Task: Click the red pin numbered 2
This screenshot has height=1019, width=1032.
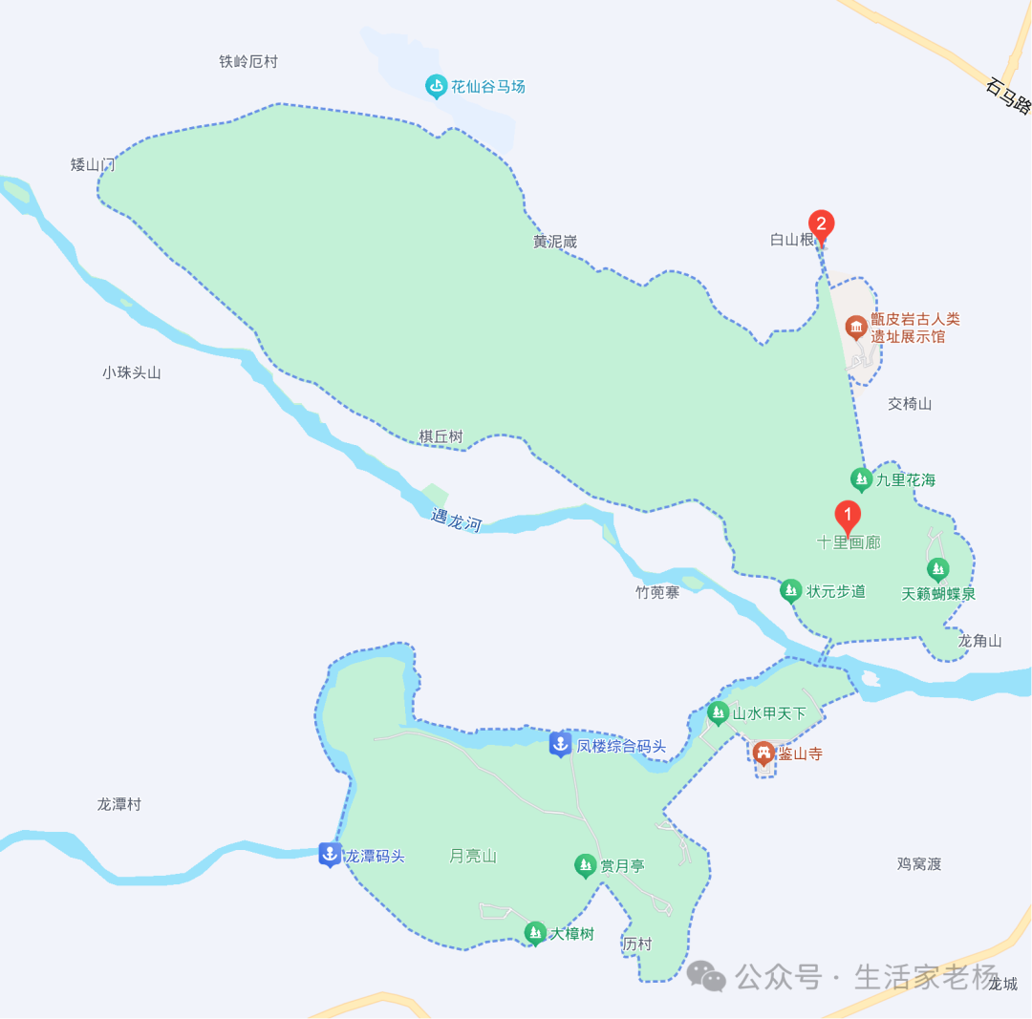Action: point(821,224)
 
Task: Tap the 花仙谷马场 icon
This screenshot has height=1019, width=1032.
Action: point(437,87)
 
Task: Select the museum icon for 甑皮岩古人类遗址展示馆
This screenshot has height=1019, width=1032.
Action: point(855,329)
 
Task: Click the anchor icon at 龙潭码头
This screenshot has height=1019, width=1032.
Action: point(330,855)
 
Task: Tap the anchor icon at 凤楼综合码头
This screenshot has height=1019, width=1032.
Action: point(561,745)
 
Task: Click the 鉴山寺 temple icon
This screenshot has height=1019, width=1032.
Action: point(763,754)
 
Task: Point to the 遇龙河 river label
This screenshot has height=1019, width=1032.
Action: point(456,520)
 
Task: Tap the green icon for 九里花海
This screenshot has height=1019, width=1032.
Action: point(861,478)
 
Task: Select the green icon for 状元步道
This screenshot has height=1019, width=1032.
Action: point(790,591)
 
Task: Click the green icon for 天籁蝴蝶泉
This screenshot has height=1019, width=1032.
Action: point(938,570)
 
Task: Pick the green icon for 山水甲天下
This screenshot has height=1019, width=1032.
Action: point(718,712)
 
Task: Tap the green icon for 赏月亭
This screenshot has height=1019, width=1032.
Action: point(585,866)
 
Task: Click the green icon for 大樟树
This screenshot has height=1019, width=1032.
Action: point(535,933)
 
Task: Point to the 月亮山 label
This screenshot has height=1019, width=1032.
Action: point(473,857)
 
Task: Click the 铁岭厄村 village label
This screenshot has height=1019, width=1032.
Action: point(248,62)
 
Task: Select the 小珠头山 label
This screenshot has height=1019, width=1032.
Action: point(132,372)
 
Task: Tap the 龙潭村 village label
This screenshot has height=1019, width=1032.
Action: point(119,804)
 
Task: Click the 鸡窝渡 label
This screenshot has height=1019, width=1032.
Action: point(919,864)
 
